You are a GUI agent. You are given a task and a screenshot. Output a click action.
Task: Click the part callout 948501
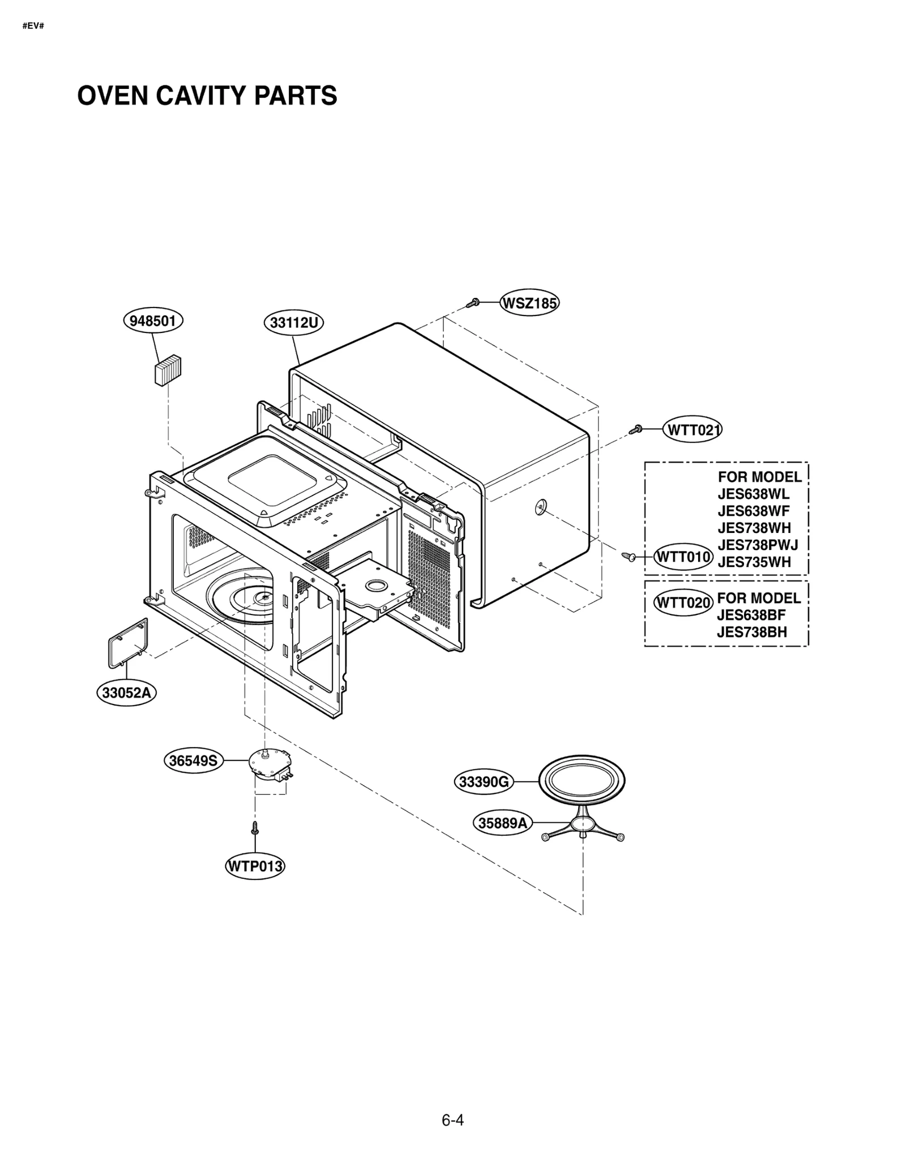(153, 321)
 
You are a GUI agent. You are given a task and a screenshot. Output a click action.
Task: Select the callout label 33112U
(293, 323)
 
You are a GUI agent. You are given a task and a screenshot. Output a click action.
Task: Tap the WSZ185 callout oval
(529, 304)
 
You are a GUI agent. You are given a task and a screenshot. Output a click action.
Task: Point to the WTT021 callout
(692, 430)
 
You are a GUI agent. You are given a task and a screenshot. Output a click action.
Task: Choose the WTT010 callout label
(683, 557)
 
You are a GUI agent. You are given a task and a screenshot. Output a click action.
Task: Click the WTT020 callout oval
(683, 603)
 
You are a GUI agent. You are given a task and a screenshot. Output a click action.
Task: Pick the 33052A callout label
(126, 693)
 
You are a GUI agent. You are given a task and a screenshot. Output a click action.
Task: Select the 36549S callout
(194, 761)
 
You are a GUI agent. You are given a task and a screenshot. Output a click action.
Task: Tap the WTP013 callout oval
(255, 866)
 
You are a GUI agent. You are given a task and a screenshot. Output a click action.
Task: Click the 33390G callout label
(484, 782)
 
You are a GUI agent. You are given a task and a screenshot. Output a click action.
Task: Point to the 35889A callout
(502, 823)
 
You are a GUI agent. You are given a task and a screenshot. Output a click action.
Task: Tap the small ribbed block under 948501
(168, 370)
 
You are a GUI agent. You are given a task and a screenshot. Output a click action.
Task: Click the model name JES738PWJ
(758, 545)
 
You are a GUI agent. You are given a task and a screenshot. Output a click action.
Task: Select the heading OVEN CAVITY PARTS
(207, 96)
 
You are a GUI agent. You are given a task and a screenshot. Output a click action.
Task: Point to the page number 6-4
(452, 1120)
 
